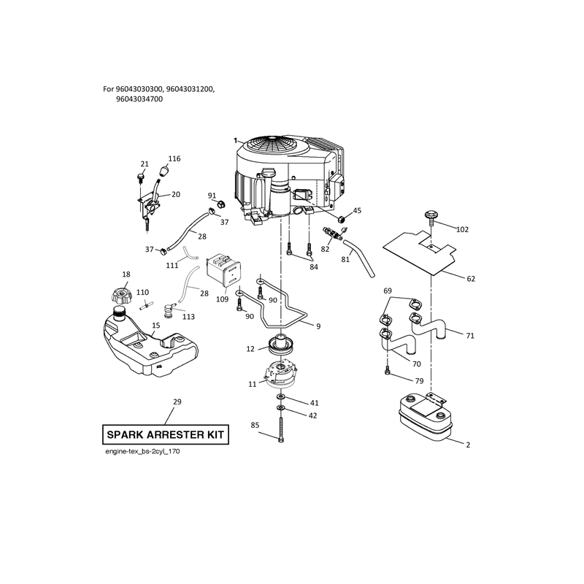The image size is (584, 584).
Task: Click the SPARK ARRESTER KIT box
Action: click(x=166, y=434)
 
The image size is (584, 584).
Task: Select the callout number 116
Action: click(x=174, y=158)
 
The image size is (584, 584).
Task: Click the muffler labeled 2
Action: click(x=425, y=418)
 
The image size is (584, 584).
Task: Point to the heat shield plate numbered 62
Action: click(x=420, y=251)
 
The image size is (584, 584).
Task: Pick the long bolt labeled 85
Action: click(x=280, y=430)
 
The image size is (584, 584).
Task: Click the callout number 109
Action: click(x=223, y=299)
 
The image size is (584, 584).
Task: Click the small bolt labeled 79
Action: click(x=388, y=370)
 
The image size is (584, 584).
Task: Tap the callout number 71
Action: click(x=470, y=336)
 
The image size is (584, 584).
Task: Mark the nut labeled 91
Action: click(x=220, y=204)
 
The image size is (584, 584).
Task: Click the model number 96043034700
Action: click(x=139, y=99)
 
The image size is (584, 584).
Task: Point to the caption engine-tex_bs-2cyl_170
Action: click(x=142, y=451)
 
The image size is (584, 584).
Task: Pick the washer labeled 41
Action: click(x=280, y=396)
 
